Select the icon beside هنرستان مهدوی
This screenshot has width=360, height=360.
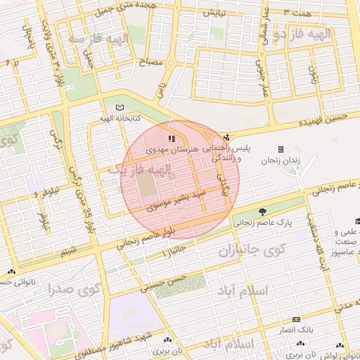pos(172,138)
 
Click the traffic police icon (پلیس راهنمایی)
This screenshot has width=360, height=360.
pos(226,137)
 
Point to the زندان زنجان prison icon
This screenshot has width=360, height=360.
pos(281,149)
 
